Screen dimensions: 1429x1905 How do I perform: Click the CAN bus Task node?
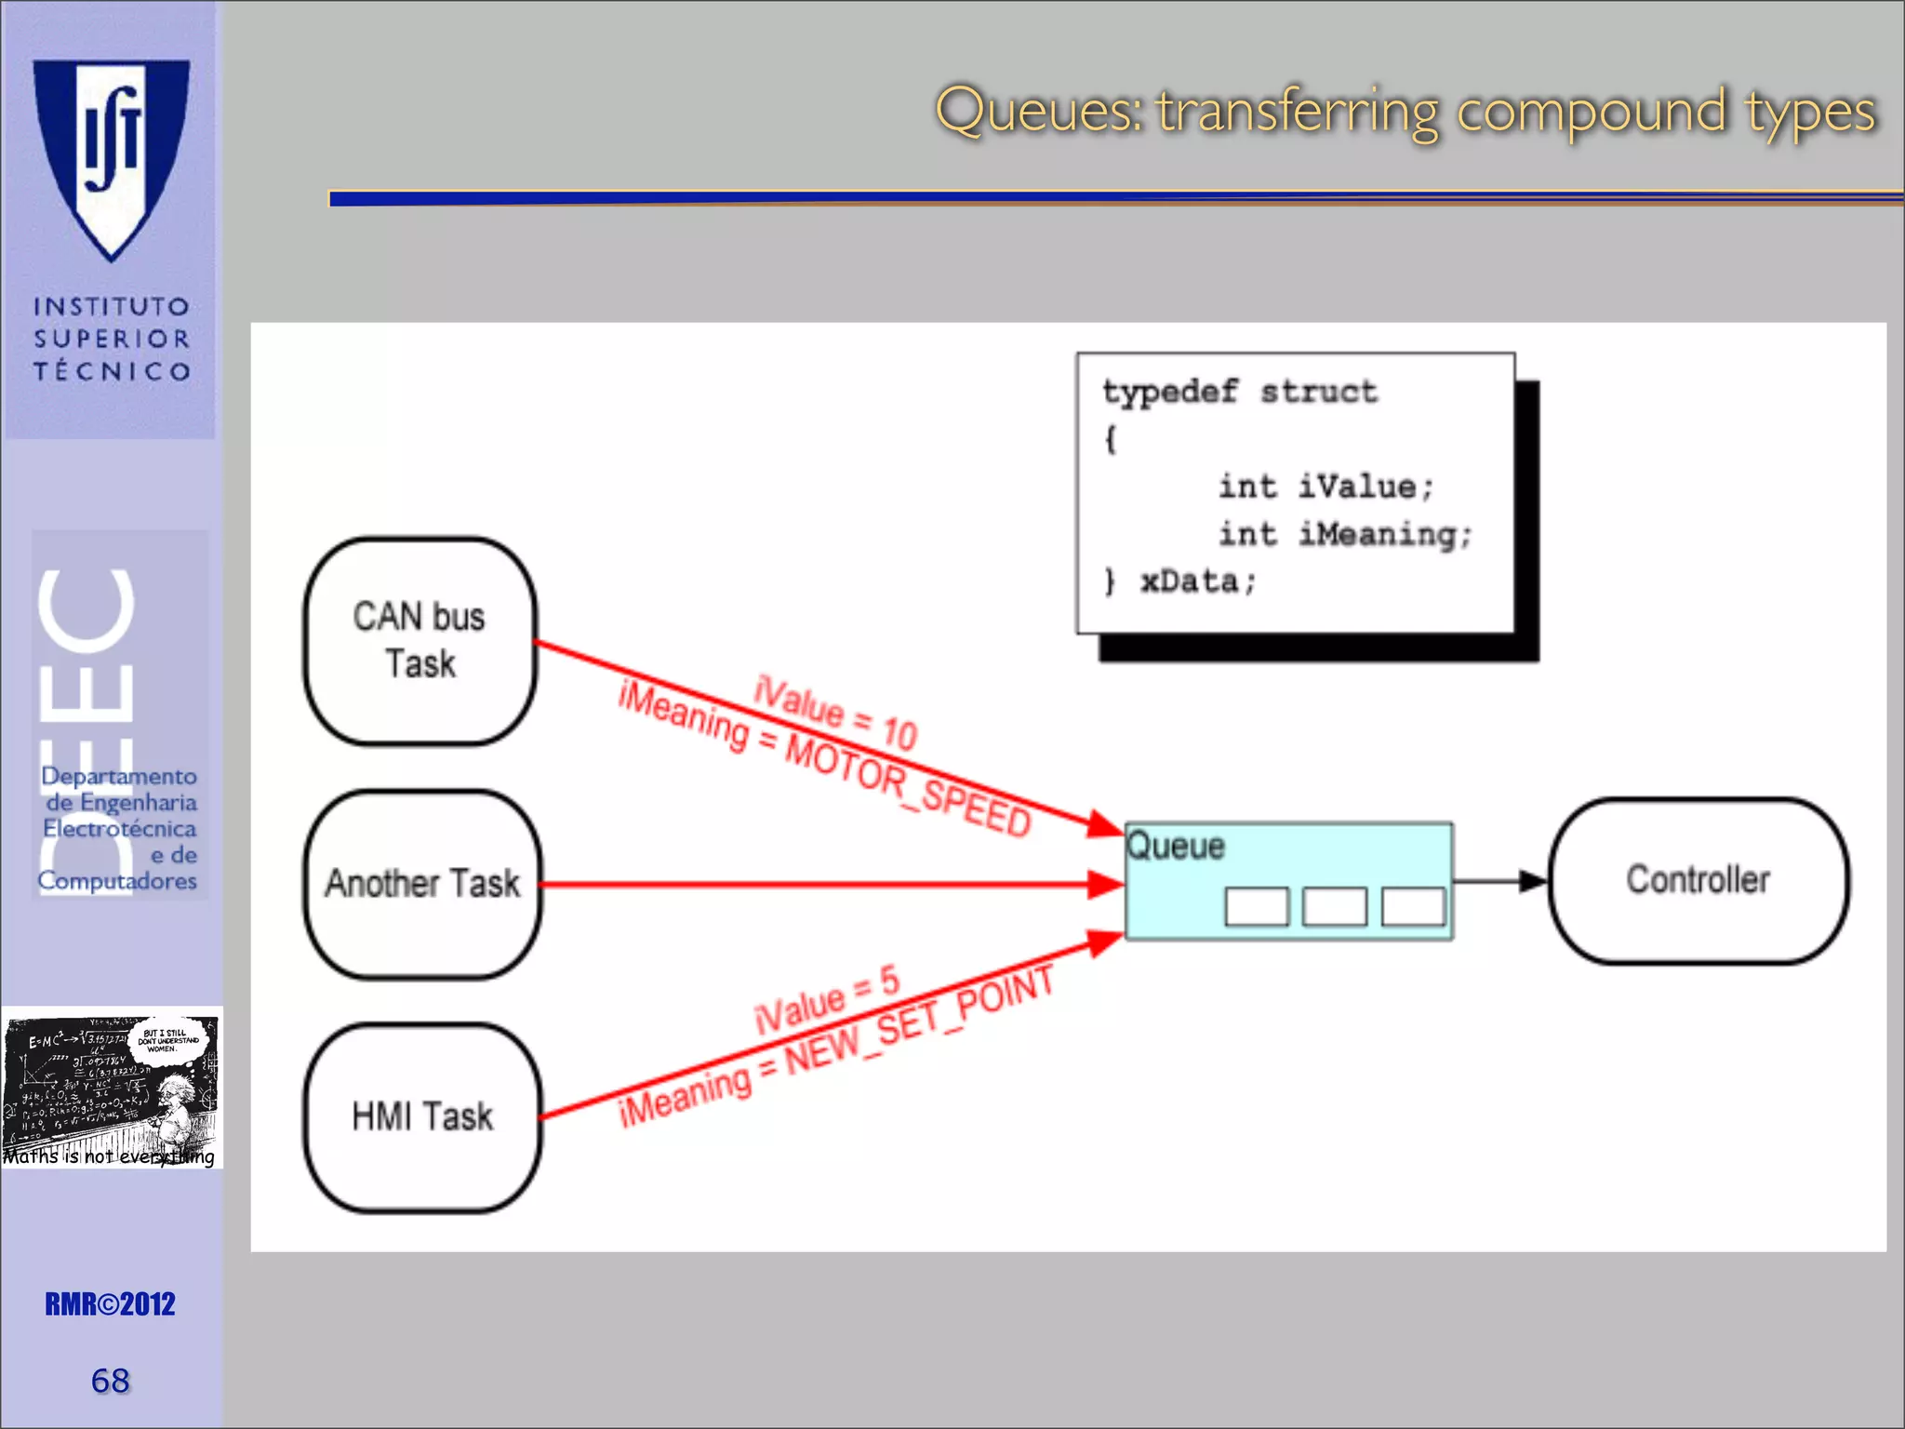420,641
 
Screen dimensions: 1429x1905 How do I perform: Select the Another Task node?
422,884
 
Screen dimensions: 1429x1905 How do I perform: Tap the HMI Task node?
422,1117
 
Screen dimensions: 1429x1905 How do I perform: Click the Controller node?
1698,880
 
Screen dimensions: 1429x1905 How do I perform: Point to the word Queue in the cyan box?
1176,847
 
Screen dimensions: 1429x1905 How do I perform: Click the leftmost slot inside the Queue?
1257,906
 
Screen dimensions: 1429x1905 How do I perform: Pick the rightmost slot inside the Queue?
1413,906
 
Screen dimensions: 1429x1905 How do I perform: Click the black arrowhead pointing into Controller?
1531,880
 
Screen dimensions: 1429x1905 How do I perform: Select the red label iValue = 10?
835,713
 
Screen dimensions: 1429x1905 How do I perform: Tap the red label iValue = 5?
826,999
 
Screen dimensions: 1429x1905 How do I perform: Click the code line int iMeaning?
1344,535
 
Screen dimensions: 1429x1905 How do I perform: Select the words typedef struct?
1239,393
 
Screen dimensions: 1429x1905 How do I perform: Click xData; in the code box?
1198,582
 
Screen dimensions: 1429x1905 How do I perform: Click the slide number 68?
111,1381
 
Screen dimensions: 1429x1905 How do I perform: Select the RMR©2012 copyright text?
111,1304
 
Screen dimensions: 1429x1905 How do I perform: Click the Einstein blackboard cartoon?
111,1087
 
